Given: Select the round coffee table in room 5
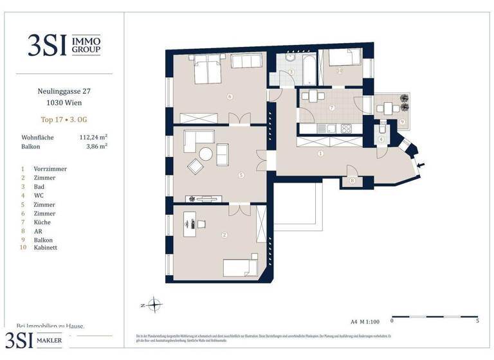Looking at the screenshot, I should [x=205, y=154].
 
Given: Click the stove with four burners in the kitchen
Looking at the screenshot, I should [x=347, y=129].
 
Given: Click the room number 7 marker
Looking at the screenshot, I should [x=331, y=107].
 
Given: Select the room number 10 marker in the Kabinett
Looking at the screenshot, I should [x=339, y=71].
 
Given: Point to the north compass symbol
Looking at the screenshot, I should [x=154, y=305].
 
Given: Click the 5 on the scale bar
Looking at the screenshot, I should [x=476, y=319].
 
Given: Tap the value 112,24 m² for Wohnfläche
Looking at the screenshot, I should [x=93, y=137].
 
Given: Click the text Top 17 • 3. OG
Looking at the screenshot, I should [x=64, y=118].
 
